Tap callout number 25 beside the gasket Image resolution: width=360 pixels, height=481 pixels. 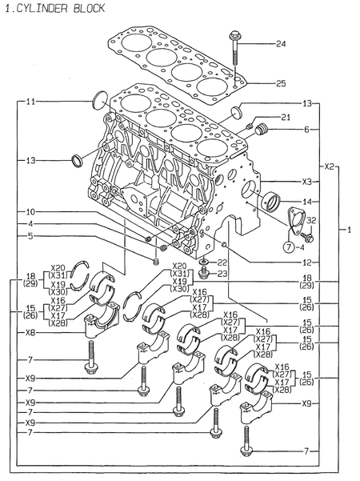280,83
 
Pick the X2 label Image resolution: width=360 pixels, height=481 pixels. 329,167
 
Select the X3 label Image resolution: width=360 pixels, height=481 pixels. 307,182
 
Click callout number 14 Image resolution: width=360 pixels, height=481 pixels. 307,202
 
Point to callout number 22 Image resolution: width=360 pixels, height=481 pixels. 222,263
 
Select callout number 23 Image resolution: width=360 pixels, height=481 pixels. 222,275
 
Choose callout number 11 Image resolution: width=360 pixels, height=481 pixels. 30,102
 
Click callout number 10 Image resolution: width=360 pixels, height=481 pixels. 30,212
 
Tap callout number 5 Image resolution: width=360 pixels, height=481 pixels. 30,236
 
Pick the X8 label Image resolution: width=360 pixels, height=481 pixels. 30,332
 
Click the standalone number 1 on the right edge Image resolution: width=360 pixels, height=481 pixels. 349,230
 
